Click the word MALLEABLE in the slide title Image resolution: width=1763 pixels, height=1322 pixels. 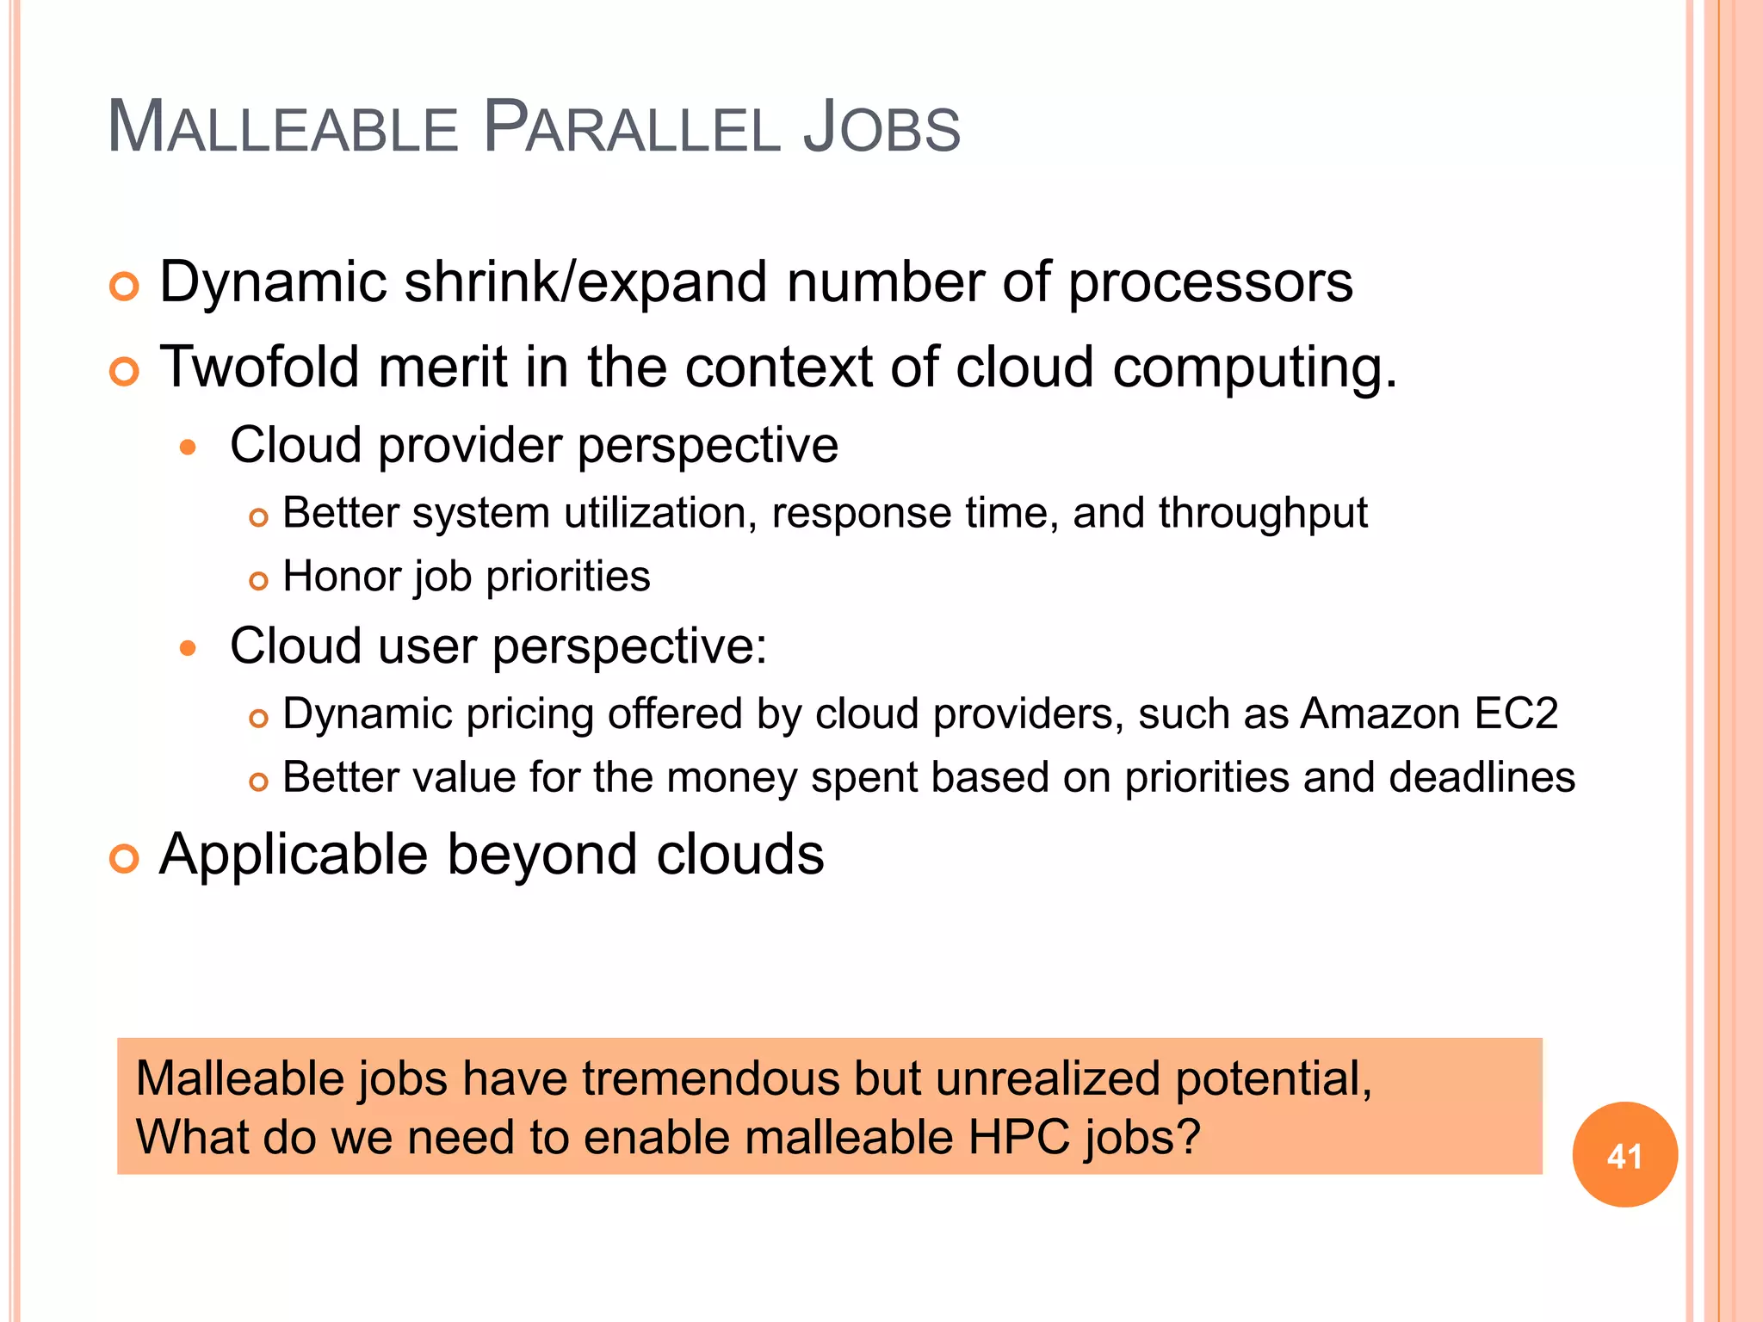click(x=283, y=128)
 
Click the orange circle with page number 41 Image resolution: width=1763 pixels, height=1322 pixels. click(x=1624, y=1155)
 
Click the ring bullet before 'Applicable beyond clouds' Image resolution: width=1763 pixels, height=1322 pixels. click(x=125, y=858)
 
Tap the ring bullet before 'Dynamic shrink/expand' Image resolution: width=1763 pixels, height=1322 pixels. click(x=125, y=287)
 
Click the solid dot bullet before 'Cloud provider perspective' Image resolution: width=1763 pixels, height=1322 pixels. click(x=189, y=448)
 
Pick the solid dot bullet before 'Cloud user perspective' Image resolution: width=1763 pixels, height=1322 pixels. click(x=189, y=648)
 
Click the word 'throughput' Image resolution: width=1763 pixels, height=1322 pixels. click(x=1263, y=514)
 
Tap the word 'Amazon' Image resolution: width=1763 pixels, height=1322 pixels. click(x=1380, y=714)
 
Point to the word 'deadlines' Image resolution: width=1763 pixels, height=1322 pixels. click(x=1482, y=777)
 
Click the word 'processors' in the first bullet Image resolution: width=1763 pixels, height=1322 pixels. click(x=1209, y=284)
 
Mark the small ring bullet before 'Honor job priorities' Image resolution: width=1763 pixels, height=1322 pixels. click(x=258, y=581)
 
